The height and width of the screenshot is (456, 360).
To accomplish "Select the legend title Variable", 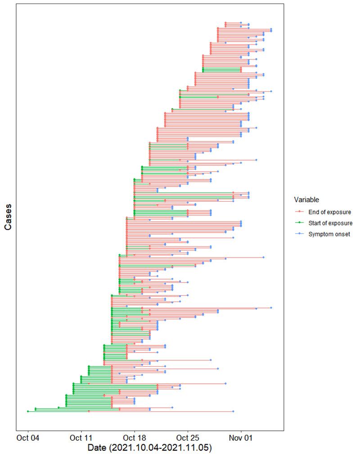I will click(x=306, y=199).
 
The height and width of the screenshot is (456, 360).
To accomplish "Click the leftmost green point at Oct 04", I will click(x=28, y=411).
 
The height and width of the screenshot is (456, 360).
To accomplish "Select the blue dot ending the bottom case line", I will click(x=233, y=411).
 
